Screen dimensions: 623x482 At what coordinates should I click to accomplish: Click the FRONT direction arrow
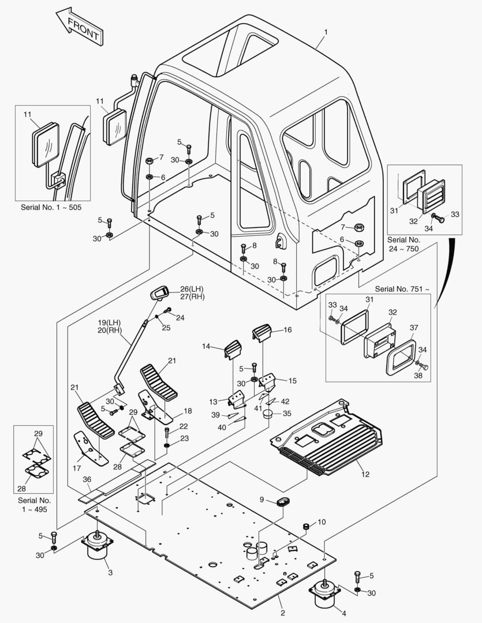[x=79, y=26]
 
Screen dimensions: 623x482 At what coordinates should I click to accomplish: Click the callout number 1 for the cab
[x=326, y=32]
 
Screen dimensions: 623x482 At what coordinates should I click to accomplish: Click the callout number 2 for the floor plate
[x=282, y=613]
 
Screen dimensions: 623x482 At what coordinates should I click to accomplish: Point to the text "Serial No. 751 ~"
[x=402, y=288]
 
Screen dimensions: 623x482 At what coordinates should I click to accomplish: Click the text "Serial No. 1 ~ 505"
[x=51, y=207]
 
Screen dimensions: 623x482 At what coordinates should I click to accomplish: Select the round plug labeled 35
[x=268, y=414]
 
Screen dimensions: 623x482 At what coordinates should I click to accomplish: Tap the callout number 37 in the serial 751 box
[x=414, y=328]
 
